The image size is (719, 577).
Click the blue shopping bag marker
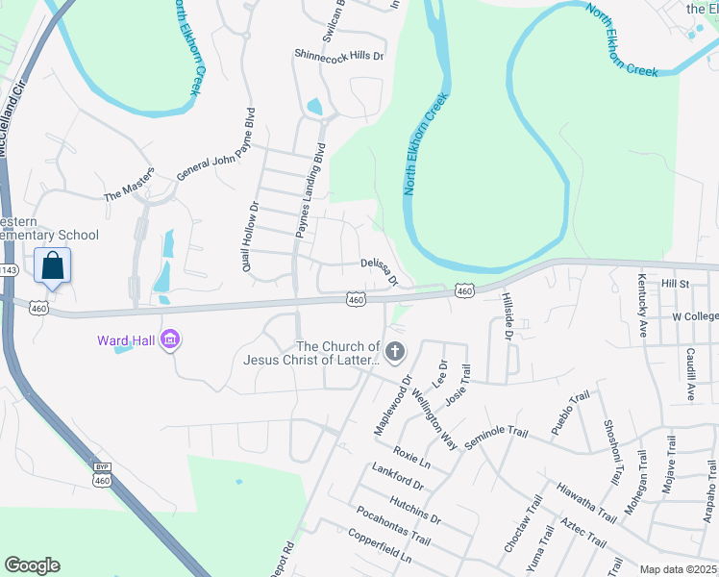click(52, 265)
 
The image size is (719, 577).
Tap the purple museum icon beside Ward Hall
click(171, 339)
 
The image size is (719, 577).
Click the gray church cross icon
click(394, 352)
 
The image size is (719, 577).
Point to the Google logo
click(32, 565)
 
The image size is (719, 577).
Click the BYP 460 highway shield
click(102, 471)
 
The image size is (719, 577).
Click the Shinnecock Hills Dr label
click(339, 56)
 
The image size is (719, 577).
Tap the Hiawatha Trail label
click(585, 503)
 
